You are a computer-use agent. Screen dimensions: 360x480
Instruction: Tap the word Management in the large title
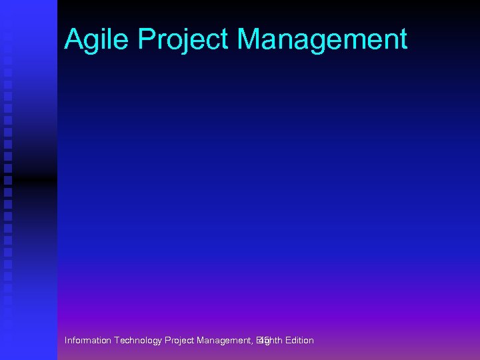click(322, 40)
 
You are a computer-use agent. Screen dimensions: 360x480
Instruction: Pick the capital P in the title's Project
click(145, 39)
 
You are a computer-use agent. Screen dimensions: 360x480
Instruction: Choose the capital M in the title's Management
click(251, 39)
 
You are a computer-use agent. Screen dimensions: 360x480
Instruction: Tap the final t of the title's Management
click(402, 40)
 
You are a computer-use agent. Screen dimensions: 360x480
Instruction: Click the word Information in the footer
click(88, 341)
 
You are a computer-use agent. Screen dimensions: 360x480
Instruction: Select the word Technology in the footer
click(138, 341)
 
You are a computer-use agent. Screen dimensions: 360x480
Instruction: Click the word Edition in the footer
click(298, 341)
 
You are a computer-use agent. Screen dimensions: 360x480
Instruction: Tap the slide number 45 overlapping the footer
click(263, 341)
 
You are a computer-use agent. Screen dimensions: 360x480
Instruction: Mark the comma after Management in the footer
click(253, 343)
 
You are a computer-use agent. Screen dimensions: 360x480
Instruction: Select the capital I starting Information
click(66, 341)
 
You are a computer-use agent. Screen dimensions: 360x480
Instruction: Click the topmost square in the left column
click(8, 35)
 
